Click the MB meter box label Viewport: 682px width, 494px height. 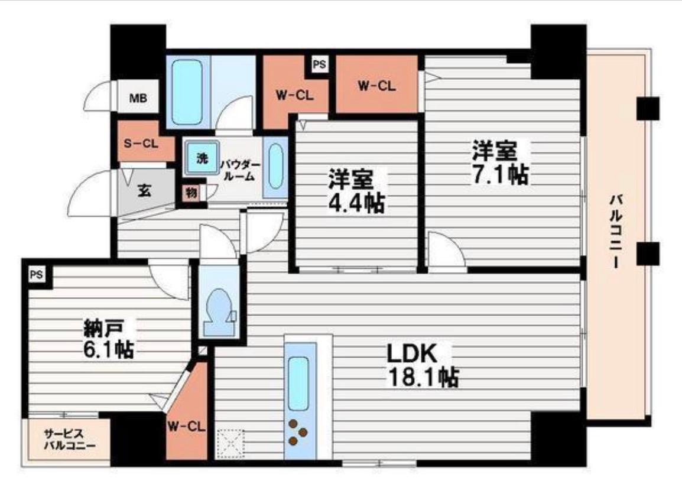(138, 98)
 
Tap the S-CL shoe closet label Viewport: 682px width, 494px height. (141, 143)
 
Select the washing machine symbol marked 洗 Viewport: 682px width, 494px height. (202, 157)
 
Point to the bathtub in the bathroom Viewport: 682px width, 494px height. (187, 92)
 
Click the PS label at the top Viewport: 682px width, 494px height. (319, 64)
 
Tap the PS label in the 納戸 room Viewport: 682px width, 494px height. (37, 275)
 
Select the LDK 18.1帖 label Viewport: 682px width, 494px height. (423, 365)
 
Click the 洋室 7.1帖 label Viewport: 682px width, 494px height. (500, 162)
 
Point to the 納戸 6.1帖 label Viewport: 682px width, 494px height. (109, 339)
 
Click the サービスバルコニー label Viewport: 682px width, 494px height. (69, 439)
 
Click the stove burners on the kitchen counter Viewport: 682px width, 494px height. (298, 432)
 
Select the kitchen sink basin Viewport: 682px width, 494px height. (298, 383)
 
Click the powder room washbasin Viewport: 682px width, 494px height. (275, 167)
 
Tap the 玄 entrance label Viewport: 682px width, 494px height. (144, 190)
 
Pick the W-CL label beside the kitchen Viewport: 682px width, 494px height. (186, 427)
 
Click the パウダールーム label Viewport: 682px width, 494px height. (240, 170)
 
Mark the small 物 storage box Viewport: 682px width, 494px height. (191, 193)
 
